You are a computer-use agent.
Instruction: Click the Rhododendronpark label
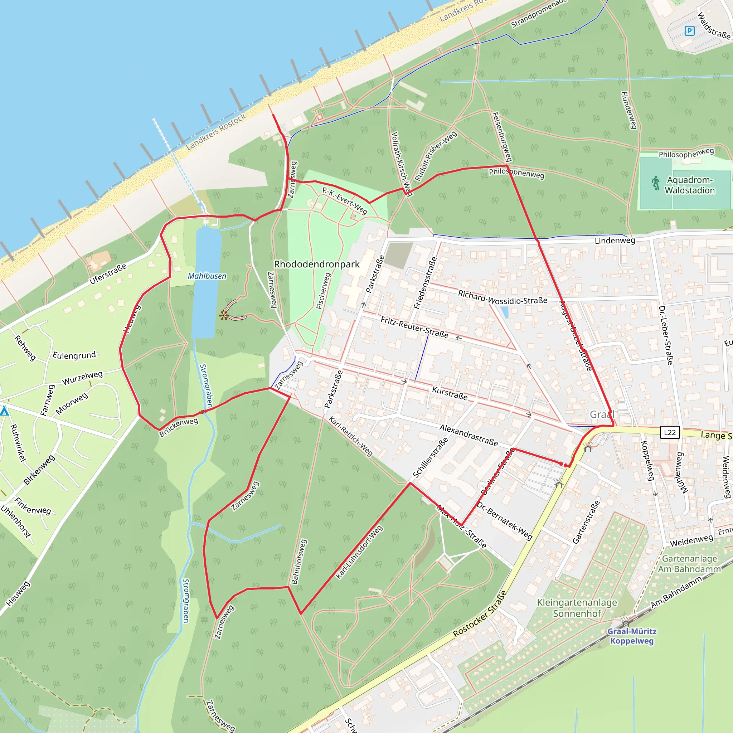tap(316, 264)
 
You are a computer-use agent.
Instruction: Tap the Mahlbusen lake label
tap(207, 276)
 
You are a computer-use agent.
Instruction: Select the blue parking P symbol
tap(689, 31)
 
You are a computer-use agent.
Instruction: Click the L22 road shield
tap(670, 432)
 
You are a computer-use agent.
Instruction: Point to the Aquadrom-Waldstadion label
tap(689, 185)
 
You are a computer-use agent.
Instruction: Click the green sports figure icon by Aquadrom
tap(656, 183)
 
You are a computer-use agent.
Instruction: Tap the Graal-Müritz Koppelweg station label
tap(632, 636)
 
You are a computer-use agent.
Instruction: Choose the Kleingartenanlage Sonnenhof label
tap(577, 608)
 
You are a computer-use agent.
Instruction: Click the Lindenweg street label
tap(615, 241)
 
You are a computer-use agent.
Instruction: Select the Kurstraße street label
tap(450, 393)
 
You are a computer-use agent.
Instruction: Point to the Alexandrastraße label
tap(469, 435)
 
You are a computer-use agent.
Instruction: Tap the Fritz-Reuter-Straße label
tap(414, 327)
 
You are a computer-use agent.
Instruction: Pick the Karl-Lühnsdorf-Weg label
tap(359, 552)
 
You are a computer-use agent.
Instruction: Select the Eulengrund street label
tap(74, 355)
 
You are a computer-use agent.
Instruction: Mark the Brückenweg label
tap(178, 427)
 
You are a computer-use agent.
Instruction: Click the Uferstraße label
tap(108, 274)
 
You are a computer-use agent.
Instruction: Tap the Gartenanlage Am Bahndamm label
tap(689, 564)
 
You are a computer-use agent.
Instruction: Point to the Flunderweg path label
tap(628, 110)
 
